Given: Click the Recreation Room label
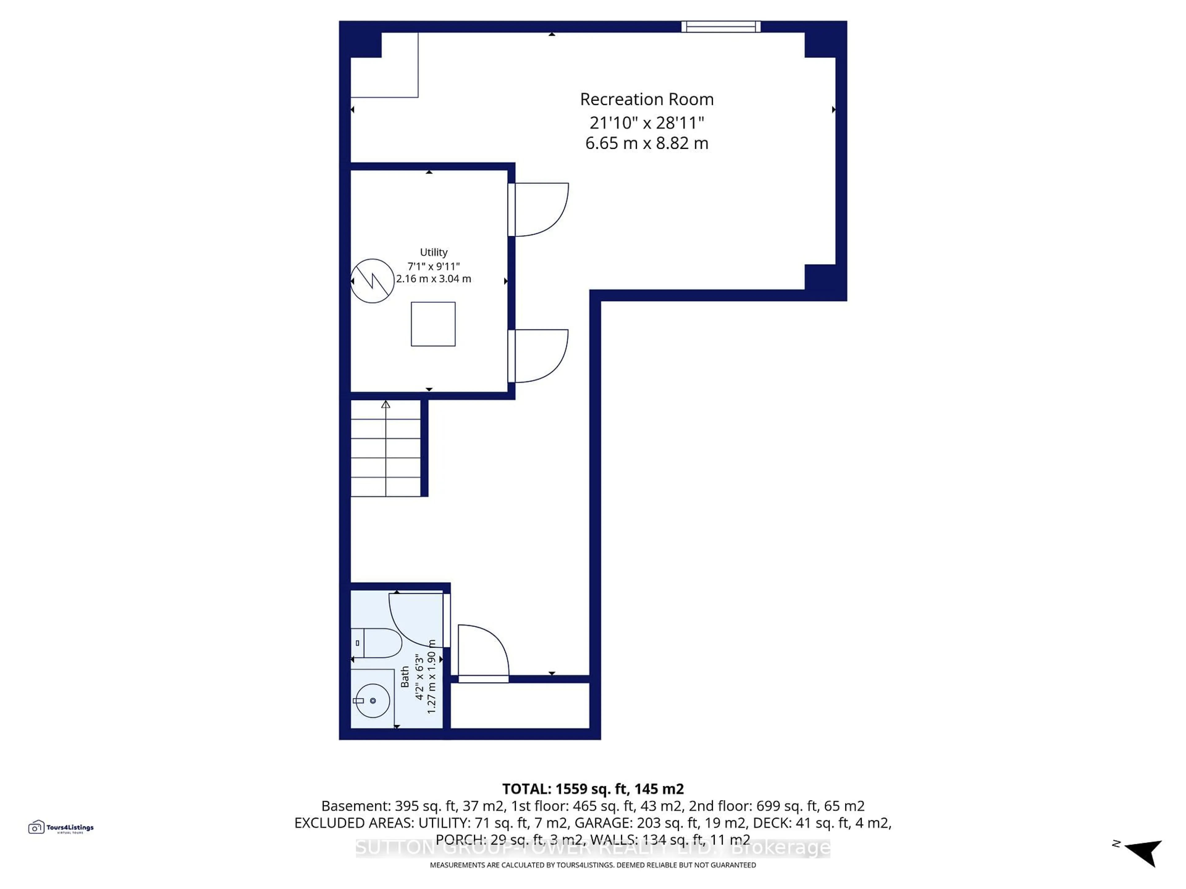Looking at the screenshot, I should [647, 100].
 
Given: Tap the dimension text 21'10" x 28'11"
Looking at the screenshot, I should [647, 123].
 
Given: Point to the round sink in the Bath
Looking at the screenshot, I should [372, 700].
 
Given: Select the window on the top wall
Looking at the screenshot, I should [721, 27].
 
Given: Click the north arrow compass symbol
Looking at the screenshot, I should [1145, 852].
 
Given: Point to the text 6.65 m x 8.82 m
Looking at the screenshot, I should [647, 144].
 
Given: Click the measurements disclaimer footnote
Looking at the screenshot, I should [592, 865].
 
